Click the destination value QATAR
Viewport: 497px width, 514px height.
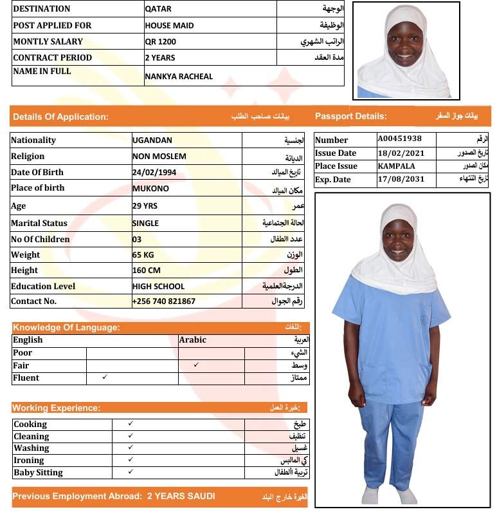pos(158,9)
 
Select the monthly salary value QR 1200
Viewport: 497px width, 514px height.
pos(160,42)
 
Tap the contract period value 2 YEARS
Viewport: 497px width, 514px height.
pos(160,58)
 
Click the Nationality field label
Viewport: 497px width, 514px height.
pos(33,140)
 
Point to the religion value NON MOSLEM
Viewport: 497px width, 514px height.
pos(159,157)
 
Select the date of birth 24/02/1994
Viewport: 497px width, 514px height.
pos(154,173)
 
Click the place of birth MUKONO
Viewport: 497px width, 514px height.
pos(151,189)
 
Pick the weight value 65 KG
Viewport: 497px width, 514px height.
pos(143,254)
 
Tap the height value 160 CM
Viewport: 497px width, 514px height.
pos(146,271)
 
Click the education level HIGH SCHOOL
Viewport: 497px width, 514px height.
pos(158,286)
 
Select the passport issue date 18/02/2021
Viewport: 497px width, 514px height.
pos(401,153)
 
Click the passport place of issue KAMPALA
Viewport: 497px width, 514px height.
pos(396,166)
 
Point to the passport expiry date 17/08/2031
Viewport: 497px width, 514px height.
pos(401,179)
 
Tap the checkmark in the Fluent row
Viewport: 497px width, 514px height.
pos(105,377)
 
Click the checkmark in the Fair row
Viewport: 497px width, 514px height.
pos(196,365)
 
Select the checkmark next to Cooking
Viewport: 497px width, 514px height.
pos(131,423)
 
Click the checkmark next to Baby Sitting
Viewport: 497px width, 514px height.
pos(131,471)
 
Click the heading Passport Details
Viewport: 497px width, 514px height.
pos(351,117)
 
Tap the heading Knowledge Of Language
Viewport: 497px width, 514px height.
pos(66,327)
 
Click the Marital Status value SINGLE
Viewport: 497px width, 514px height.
pos(145,224)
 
